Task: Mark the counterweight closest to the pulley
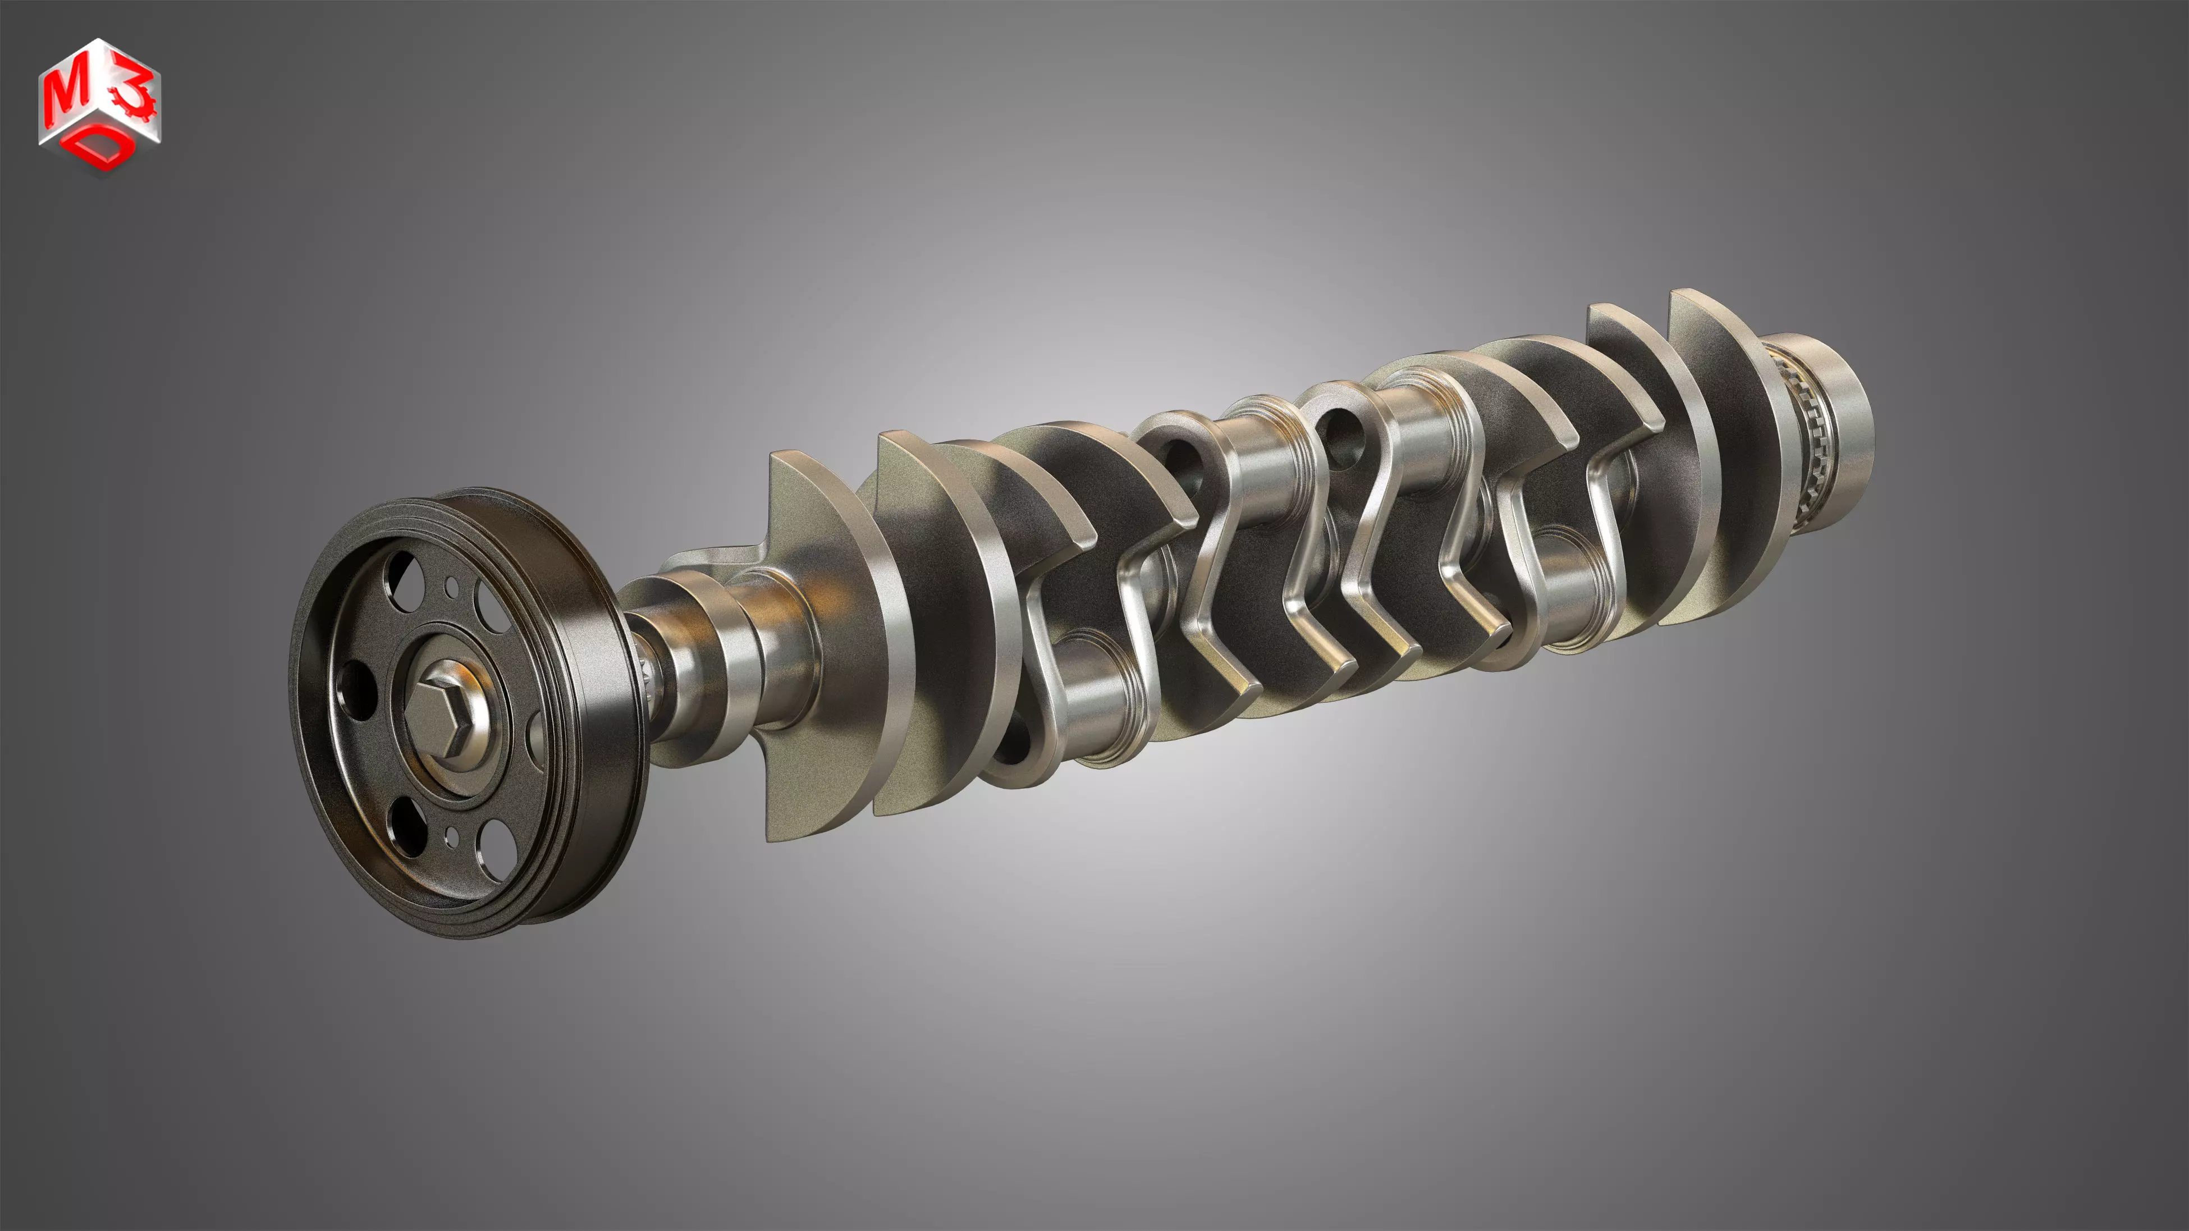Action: coord(816,646)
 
